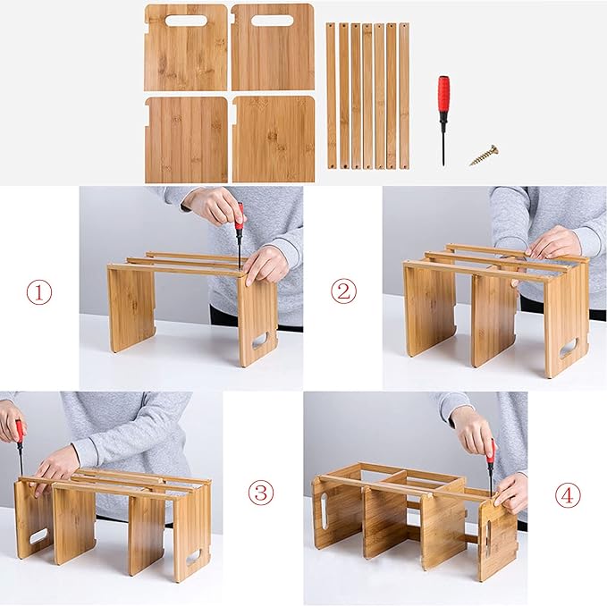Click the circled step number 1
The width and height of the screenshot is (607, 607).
[x=38, y=292]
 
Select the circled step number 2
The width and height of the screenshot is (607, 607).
[x=343, y=291]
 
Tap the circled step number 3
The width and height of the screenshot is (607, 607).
[x=260, y=492]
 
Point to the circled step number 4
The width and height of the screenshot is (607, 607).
[x=567, y=494]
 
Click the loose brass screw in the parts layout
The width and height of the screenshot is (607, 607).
[x=484, y=156]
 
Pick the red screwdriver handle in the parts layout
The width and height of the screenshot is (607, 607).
[x=443, y=94]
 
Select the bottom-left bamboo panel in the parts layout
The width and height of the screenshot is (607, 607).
[x=186, y=139]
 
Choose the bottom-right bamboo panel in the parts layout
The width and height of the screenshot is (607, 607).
[x=274, y=139]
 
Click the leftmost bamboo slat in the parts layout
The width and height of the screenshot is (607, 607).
[x=331, y=96]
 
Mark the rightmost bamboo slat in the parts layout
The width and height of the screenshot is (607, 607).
[x=404, y=96]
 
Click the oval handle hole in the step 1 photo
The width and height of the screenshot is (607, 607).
[x=259, y=341]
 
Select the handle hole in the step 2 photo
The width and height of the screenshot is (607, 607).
[x=568, y=347]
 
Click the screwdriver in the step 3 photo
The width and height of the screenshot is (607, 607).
[x=19, y=447]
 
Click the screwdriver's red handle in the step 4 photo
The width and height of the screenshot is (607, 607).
[x=490, y=452]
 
